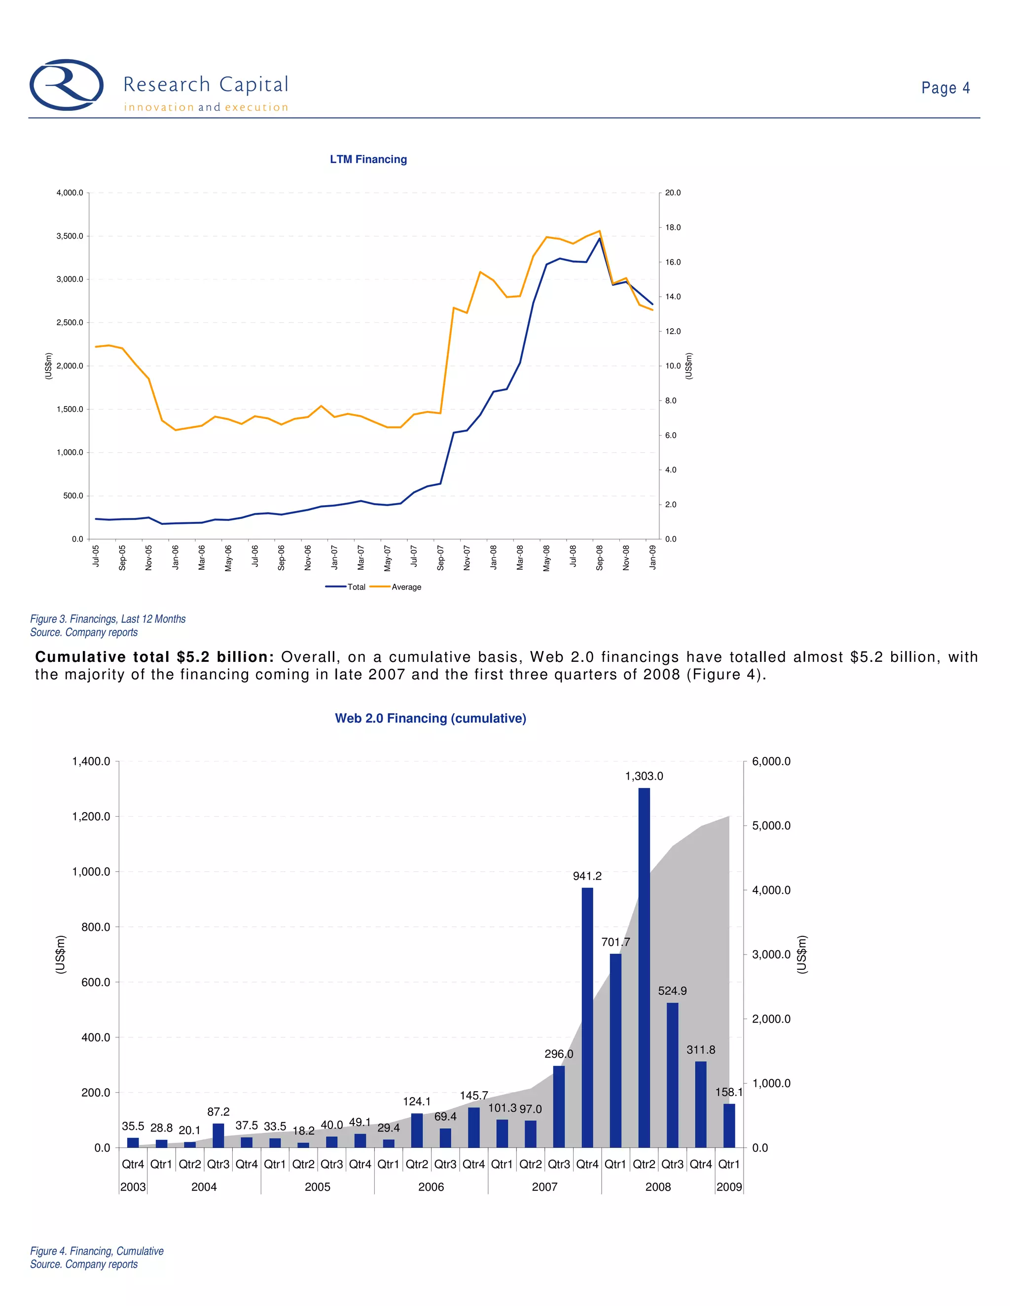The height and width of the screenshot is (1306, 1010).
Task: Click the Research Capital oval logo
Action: pos(67,85)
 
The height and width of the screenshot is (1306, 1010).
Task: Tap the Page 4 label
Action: pos(945,88)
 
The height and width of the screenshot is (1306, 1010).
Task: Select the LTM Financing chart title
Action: pos(368,159)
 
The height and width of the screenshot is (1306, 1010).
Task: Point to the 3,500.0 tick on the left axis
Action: pos(70,236)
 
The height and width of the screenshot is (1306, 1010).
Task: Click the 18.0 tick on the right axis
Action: pos(673,227)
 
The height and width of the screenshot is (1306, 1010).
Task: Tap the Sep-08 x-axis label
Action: pos(600,557)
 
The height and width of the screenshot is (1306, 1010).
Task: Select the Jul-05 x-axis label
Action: pos(96,555)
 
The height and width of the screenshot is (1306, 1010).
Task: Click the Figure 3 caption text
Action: pos(108,619)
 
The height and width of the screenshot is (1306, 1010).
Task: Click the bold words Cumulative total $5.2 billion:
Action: pos(154,657)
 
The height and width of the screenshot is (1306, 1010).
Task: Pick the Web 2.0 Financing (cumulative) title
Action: pos(430,718)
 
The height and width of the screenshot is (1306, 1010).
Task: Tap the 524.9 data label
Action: pos(672,991)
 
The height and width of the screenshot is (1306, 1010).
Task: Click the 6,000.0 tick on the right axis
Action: pos(771,761)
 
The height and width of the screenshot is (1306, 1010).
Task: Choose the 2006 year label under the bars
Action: pos(431,1187)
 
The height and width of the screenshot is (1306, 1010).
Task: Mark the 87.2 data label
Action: pos(218,1112)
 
